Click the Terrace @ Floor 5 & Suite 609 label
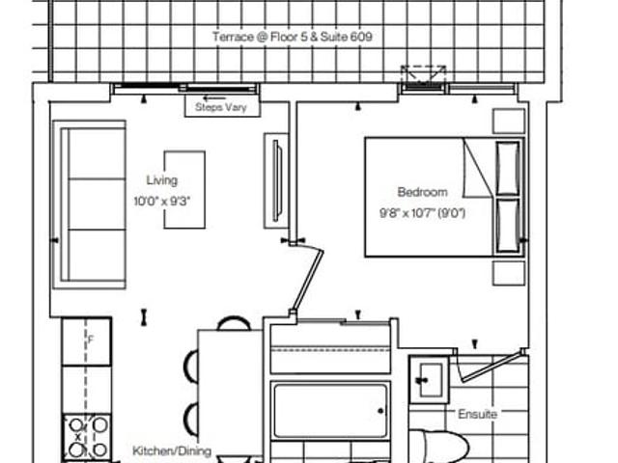click(292, 37)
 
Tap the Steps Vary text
click(221, 107)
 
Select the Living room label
click(162, 180)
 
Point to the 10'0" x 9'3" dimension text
click(162, 202)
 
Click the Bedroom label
click(423, 192)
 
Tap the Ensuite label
click(477, 414)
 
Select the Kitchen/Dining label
click(172, 450)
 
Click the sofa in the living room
click(90, 204)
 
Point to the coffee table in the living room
click(184, 190)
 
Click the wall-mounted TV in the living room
click(277, 180)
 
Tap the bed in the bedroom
click(444, 197)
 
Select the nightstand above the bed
click(509, 121)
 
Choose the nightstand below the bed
click(509, 273)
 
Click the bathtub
click(330, 411)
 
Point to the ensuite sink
click(429, 380)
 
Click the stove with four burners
click(87, 437)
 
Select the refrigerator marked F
click(87, 341)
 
